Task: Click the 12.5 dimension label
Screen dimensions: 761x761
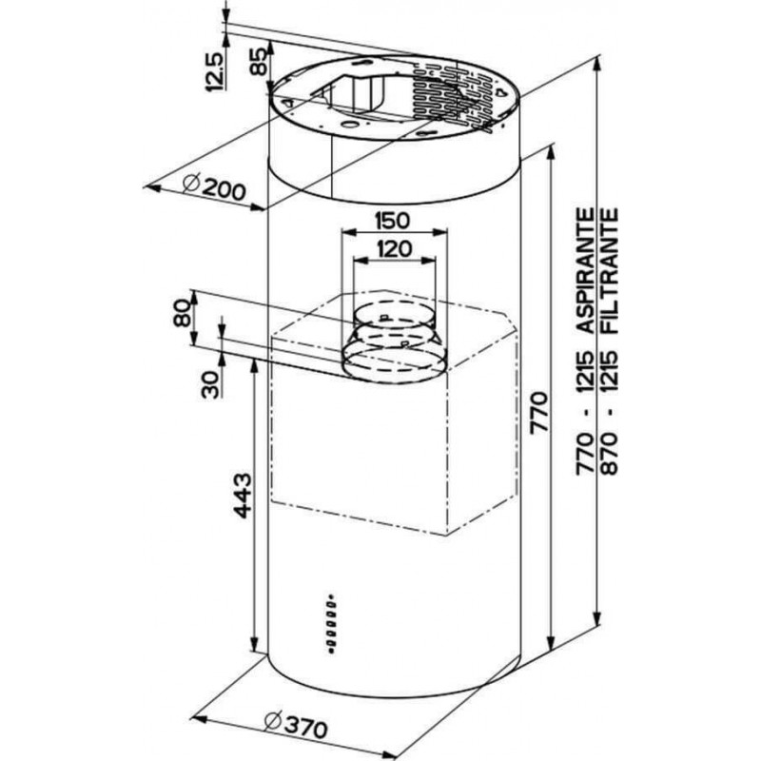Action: [215, 71]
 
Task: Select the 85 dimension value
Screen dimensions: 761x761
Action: [259, 61]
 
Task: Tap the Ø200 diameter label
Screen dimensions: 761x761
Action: [214, 186]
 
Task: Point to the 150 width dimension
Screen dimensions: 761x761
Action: [393, 221]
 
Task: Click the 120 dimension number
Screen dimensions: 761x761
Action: [394, 249]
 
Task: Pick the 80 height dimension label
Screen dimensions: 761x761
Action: [183, 313]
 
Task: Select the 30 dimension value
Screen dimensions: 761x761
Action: [210, 384]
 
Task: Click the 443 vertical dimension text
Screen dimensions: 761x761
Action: [243, 495]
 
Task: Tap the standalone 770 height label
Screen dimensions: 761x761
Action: [539, 412]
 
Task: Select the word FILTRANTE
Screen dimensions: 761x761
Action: [610, 271]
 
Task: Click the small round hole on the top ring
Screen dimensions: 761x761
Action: [347, 125]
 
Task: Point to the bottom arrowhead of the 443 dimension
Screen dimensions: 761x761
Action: [253, 647]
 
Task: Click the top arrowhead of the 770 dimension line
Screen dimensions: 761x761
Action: [551, 154]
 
